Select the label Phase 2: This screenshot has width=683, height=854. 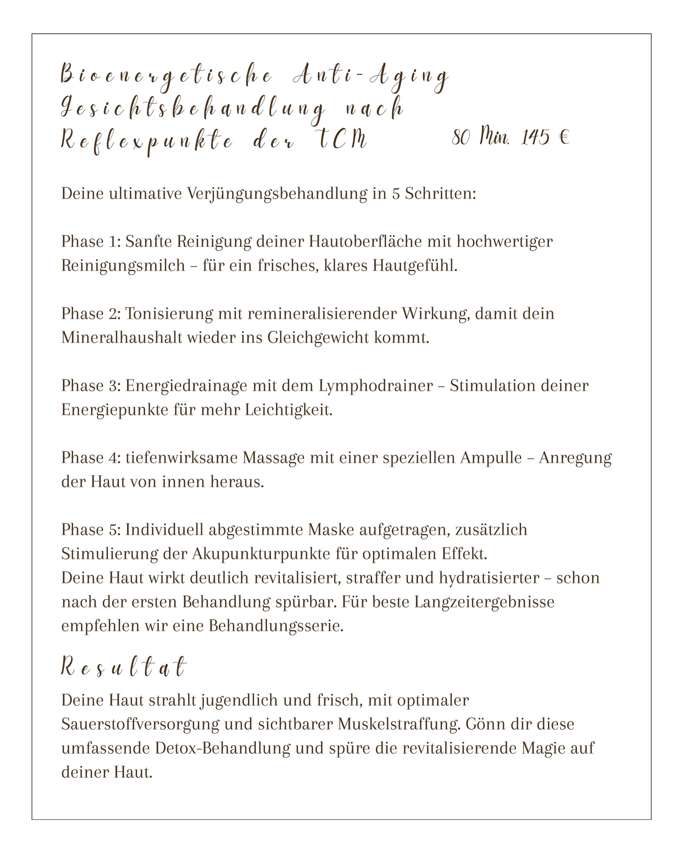click(x=91, y=314)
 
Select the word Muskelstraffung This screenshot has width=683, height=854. click(x=399, y=724)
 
